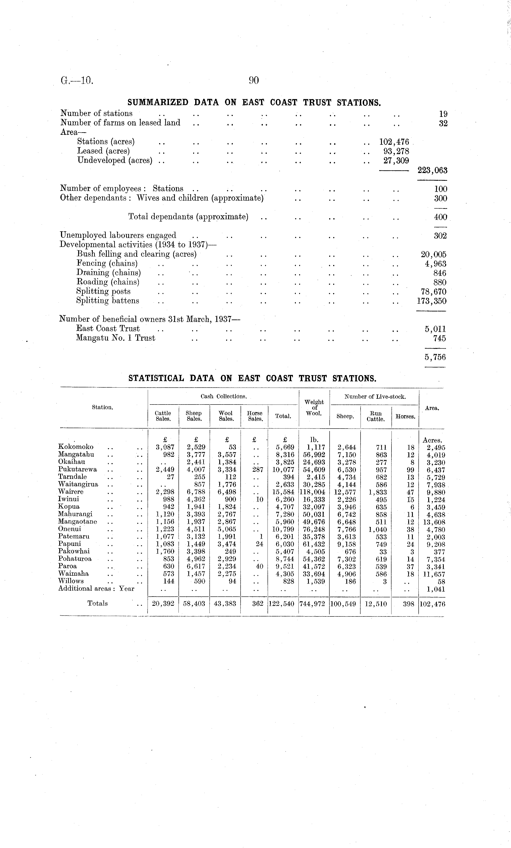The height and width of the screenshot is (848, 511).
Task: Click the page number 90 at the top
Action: (253, 81)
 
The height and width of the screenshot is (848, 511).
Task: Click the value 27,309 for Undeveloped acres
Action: (396, 160)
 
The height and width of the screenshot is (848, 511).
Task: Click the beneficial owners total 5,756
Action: (435, 357)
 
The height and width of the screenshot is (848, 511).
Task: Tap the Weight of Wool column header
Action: (314, 407)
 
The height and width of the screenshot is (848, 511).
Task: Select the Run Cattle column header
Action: (375, 416)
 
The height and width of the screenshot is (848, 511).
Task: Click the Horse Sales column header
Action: (255, 416)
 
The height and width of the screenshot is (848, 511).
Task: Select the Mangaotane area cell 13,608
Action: (434, 522)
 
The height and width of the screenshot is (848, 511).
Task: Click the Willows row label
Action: (71, 581)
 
